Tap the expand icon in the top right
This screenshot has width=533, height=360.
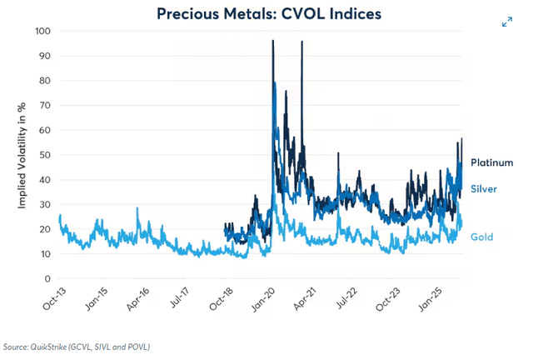[x=507, y=22]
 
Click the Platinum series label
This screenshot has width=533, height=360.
[x=491, y=162]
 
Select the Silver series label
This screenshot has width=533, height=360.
[x=484, y=189]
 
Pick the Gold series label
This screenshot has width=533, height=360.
[x=481, y=237]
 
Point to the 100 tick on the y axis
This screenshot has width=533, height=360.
[x=43, y=31]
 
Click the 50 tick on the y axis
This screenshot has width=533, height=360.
[x=46, y=155]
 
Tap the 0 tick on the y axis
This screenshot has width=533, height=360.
[x=48, y=279]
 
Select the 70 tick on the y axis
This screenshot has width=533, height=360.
[x=46, y=106]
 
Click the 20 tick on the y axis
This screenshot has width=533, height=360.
[x=46, y=229]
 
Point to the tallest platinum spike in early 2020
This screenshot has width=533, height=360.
[x=273, y=42]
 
